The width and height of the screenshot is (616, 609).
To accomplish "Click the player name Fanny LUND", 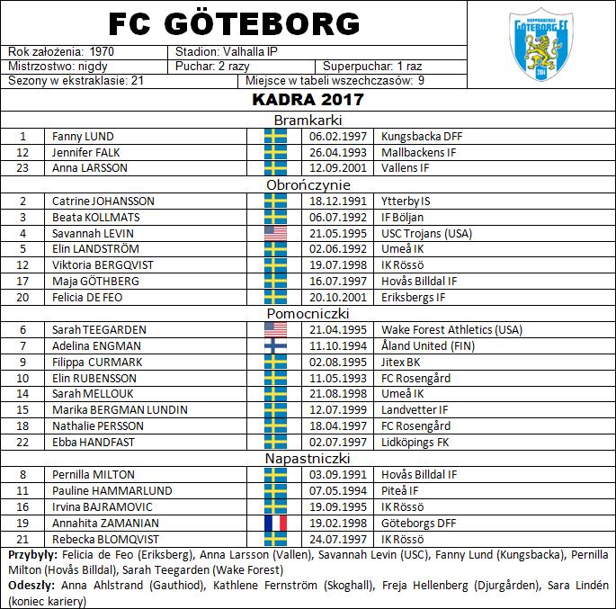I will click(83, 136).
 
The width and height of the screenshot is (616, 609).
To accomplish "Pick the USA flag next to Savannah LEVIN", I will click(275, 233).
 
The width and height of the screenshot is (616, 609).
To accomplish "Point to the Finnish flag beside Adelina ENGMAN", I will click(275, 345).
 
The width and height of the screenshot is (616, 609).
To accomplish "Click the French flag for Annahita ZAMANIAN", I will click(275, 522).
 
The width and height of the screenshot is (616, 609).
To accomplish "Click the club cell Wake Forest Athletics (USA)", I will click(451, 329).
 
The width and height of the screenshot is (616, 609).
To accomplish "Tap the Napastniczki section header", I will click(308, 458).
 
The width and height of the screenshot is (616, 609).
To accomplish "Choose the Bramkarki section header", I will click(308, 120).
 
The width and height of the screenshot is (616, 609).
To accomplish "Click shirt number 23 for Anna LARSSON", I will click(23, 167).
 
